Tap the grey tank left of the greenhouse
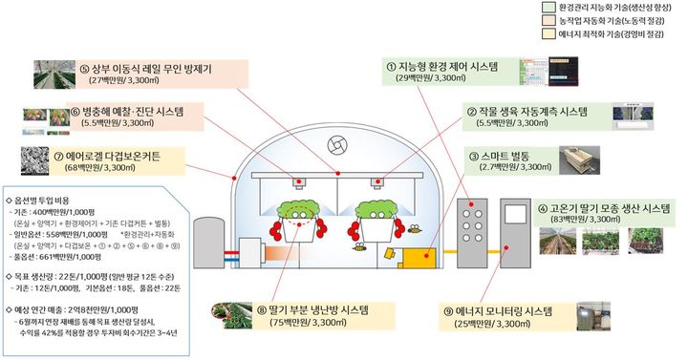click(208, 240)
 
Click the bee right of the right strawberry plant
click(413, 229)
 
